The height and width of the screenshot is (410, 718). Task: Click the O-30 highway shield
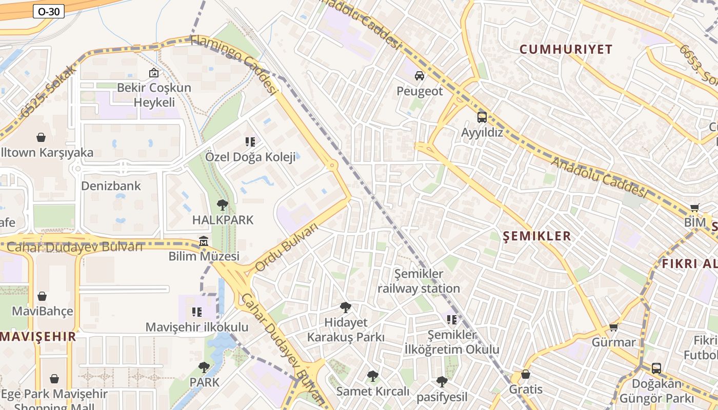tap(49, 11)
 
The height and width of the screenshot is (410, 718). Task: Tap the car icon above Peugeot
tap(420, 76)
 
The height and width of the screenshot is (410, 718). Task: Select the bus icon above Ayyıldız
tap(482, 117)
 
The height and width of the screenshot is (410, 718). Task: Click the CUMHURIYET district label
tap(566, 50)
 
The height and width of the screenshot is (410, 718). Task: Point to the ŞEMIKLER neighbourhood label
tap(537, 236)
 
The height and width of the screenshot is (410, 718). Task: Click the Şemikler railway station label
tap(418, 281)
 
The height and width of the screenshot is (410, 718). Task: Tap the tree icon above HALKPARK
tap(222, 205)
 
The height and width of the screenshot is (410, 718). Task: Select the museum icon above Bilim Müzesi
tap(204, 241)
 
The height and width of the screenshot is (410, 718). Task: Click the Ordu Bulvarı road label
tap(287, 248)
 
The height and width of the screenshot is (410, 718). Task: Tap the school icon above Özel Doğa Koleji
tap(250, 141)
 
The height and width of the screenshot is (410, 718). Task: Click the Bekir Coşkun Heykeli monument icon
tap(153, 73)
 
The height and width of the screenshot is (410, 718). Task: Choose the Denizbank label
tap(111, 186)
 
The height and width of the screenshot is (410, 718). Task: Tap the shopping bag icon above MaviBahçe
tap(42, 296)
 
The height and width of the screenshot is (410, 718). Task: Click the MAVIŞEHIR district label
tap(38, 337)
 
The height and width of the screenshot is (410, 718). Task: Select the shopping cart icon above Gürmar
tap(613, 327)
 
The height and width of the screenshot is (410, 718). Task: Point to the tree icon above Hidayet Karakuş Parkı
tap(346, 307)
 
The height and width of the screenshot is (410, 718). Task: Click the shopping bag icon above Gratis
tap(525, 374)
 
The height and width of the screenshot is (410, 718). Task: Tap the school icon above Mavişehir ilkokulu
tap(196, 312)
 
